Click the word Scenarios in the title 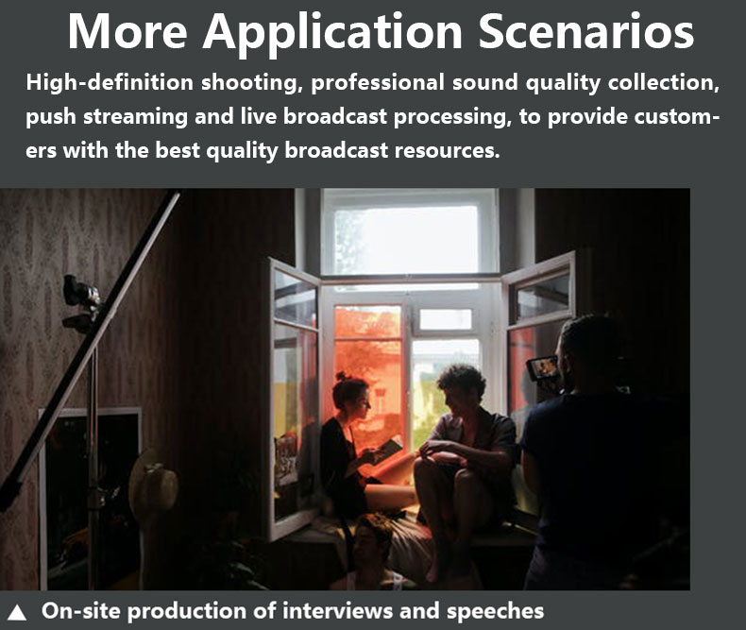(585, 32)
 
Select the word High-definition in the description (110, 83)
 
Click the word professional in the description (378, 84)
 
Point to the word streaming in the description (136, 117)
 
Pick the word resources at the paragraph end (448, 151)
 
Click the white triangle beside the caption (17, 612)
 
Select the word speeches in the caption (495, 612)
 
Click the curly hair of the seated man (462, 380)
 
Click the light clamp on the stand (81, 300)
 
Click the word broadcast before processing (335, 117)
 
